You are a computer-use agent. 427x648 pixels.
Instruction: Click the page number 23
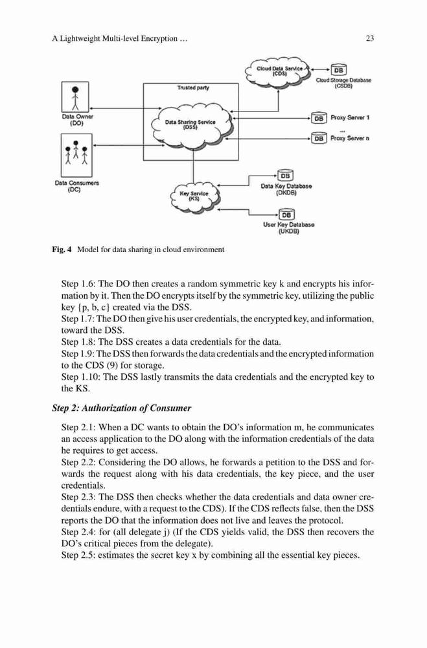click(x=369, y=38)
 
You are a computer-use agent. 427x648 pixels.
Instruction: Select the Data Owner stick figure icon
click(x=75, y=97)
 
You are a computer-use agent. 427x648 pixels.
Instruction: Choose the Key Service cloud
click(x=194, y=196)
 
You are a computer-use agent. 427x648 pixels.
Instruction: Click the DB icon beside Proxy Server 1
click(x=319, y=118)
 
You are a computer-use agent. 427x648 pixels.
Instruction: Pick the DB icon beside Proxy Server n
click(x=319, y=138)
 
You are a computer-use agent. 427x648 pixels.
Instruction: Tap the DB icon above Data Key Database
click(x=285, y=176)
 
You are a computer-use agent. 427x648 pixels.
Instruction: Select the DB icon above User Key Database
click(x=286, y=214)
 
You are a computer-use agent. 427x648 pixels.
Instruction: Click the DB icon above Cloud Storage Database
click(x=338, y=70)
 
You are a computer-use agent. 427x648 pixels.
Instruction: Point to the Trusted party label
click(x=193, y=87)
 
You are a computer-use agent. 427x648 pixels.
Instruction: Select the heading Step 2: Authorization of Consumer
click(x=122, y=408)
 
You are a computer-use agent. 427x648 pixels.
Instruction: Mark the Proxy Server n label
click(x=350, y=138)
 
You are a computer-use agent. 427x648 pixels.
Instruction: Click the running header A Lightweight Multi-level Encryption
click(x=120, y=39)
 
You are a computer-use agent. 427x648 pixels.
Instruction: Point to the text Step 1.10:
click(x=80, y=377)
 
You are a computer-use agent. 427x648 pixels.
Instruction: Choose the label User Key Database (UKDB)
click(x=288, y=228)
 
